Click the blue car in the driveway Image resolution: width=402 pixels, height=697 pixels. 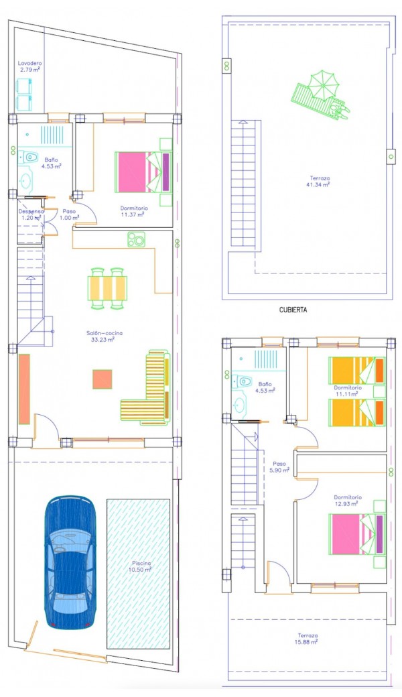click(70, 562)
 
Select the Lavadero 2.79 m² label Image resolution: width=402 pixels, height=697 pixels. click(29, 66)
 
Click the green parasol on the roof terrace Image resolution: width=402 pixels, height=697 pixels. click(323, 82)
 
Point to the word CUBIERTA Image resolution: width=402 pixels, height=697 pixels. click(293, 310)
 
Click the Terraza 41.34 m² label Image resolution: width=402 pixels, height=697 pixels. click(318, 182)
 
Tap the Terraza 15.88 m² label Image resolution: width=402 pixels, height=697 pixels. click(308, 639)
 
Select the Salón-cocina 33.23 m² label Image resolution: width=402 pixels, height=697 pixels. click(105, 336)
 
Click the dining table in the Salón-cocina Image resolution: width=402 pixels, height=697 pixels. click(107, 288)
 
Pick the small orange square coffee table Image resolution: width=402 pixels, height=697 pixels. click(102, 379)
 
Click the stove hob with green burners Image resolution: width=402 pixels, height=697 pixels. click(137, 239)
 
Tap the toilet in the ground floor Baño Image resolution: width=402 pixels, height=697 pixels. click(29, 157)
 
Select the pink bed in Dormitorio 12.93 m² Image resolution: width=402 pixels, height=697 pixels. click(356, 534)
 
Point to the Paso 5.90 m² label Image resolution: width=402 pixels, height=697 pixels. click(280, 466)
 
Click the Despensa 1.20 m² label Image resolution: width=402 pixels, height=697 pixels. click(31, 214)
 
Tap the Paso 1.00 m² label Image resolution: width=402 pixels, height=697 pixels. click(70, 214)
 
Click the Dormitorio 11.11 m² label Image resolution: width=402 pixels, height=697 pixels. click(348, 390)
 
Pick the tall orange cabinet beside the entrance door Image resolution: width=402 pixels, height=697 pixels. click(24, 389)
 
